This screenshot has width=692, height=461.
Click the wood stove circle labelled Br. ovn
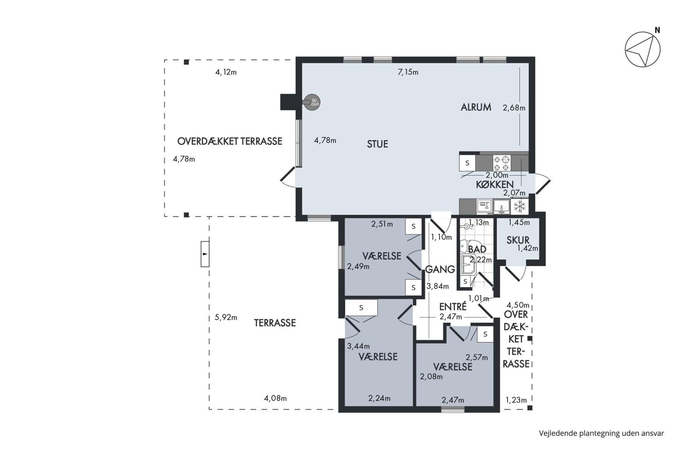[x=312, y=102]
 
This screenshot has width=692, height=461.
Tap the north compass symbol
[x=643, y=49]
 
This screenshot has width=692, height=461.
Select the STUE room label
[x=377, y=144]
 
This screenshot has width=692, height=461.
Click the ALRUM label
[x=476, y=107]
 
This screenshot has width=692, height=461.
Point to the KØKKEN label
[x=495, y=185]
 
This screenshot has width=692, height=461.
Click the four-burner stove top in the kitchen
[x=502, y=163]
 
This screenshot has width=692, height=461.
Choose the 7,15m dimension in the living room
[x=408, y=72]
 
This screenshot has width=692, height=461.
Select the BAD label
[x=477, y=249]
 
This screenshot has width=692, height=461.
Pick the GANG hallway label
[x=440, y=269]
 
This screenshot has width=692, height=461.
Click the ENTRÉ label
[x=453, y=307]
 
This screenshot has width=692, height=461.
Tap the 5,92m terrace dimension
[x=226, y=318]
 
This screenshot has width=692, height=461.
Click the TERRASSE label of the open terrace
[x=275, y=323]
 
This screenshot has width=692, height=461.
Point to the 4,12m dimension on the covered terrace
[x=226, y=72]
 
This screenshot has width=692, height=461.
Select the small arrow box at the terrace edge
[x=205, y=254]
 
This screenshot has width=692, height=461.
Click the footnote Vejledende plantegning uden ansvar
[x=601, y=433]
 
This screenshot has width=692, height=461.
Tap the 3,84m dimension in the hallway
[x=438, y=286]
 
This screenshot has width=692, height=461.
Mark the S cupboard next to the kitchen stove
[x=467, y=163]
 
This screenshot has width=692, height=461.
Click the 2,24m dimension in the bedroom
[x=379, y=398]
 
